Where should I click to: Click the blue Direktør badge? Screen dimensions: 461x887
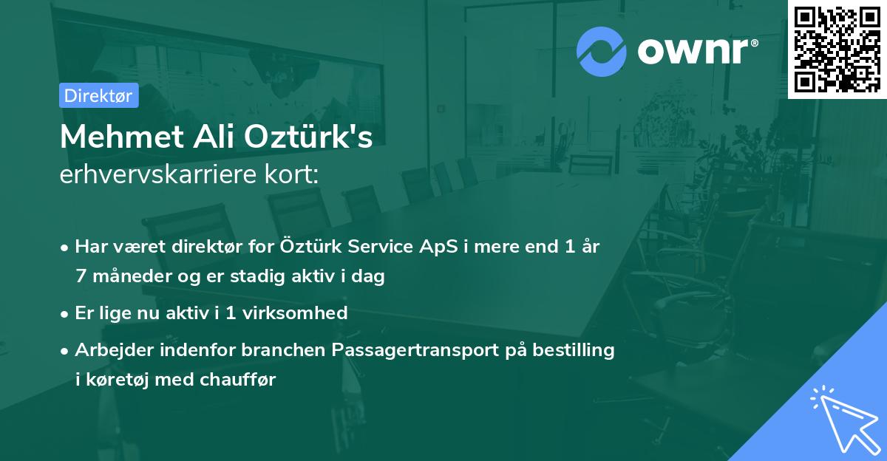[98, 95]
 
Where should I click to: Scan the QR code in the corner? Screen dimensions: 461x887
[836, 49]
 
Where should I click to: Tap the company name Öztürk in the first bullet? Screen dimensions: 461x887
[310, 247]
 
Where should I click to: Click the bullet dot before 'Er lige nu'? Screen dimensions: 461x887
[67, 313]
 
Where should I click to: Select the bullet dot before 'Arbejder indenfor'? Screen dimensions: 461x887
[67, 350]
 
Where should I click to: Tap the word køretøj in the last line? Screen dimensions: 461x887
[118, 380]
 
